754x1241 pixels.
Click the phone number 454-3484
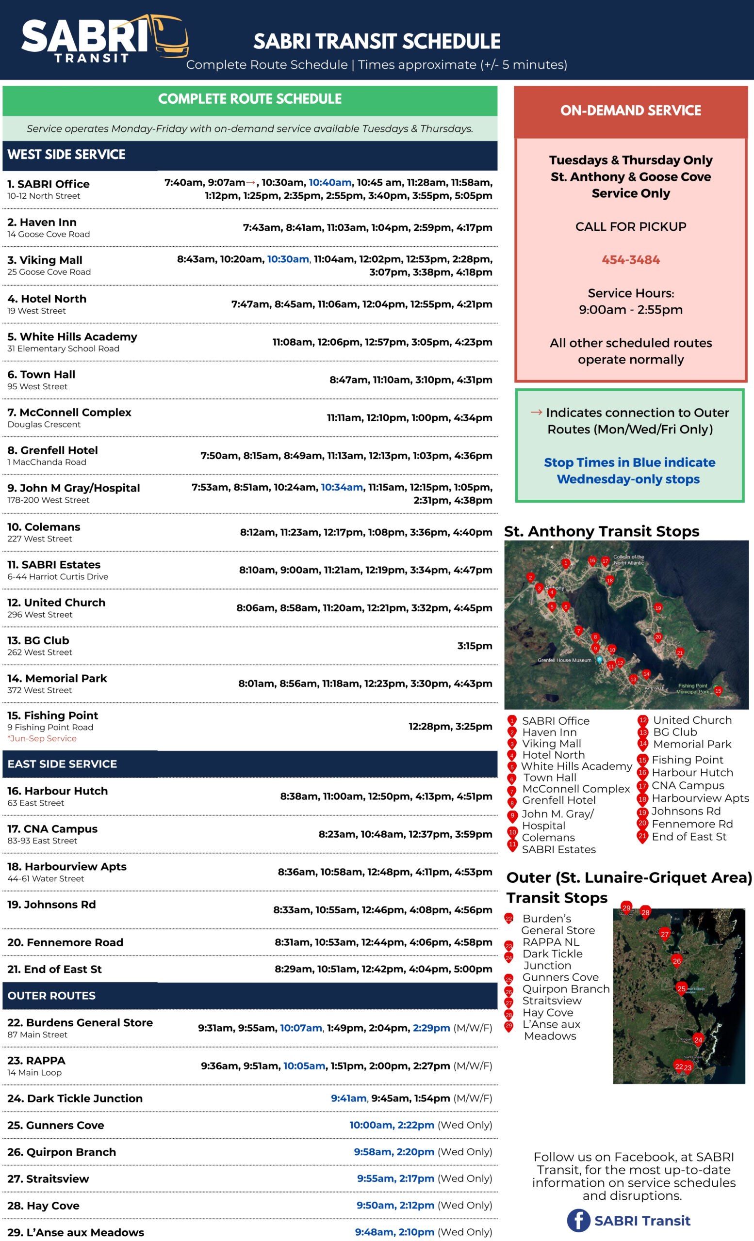(x=631, y=260)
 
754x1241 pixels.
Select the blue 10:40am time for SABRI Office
(x=330, y=182)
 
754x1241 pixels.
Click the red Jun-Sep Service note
(x=42, y=738)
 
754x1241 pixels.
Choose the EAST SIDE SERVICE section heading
(x=62, y=764)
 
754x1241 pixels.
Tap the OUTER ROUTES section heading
(x=51, y=995)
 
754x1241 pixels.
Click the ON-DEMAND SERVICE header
(x=631, y=111)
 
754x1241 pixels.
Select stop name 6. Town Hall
(x=41, y=374)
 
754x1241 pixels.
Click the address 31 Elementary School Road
(x=64, y=349)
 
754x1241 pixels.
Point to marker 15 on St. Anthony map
(x=718, y=690)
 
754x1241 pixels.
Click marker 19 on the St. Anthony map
(x=658, y=608)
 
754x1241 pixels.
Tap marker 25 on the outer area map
(x=681, y=988)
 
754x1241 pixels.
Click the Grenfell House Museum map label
(x=564, y=660)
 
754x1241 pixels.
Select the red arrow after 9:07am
(x=250, y=182)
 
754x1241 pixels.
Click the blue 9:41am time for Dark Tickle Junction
(x=349, y=1098)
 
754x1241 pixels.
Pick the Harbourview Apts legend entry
(x=700, y=798)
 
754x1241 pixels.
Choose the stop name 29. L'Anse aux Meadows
(x=76, y=1232)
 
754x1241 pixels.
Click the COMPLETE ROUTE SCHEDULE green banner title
(x=250, y=99)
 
